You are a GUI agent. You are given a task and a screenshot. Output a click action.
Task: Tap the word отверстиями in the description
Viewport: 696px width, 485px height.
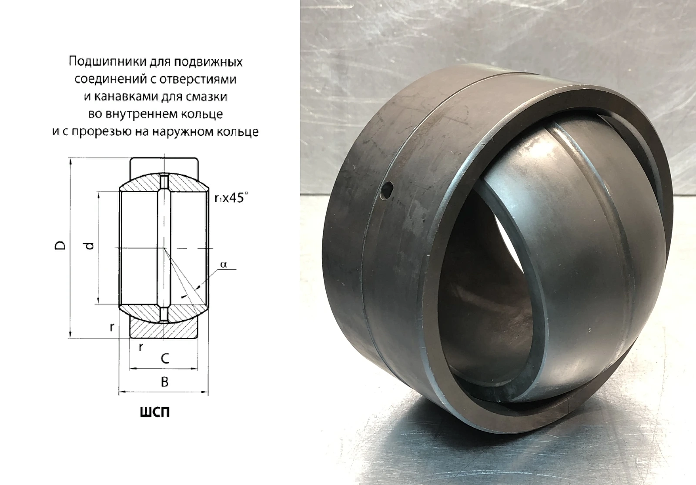(x=198, y=79)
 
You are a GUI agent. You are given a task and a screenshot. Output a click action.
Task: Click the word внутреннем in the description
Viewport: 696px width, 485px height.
(x=139, y=114)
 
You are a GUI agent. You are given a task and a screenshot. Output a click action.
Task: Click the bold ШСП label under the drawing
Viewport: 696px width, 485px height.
(x=155, y=412)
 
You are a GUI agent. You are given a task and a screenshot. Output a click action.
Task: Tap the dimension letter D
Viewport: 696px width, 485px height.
(x=60, y=245)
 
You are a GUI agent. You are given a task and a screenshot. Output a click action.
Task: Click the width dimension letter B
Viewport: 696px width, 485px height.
(x=165, y=382)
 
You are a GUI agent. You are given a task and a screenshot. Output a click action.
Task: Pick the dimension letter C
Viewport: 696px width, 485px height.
(x=165, y=359)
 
